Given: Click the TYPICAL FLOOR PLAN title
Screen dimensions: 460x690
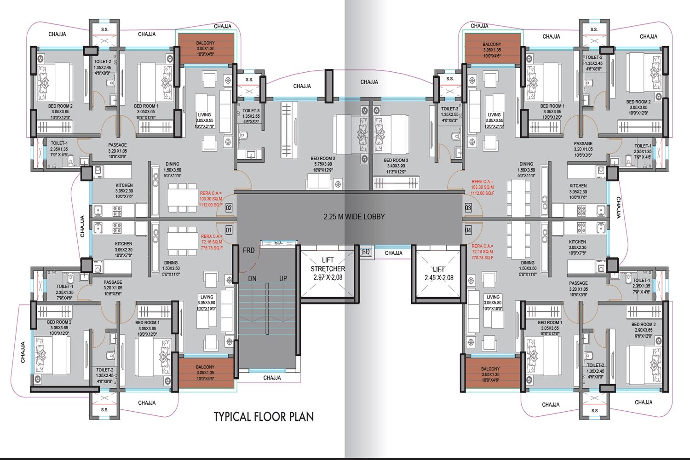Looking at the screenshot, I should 264,417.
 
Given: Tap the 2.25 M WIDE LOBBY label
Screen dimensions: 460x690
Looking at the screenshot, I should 354,217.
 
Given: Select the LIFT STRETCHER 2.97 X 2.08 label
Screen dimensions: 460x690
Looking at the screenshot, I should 328,269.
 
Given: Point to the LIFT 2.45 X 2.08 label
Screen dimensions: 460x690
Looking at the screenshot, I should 438,273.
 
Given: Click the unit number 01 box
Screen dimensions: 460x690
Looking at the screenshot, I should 229,230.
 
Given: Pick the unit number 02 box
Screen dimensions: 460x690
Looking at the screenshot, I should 229,208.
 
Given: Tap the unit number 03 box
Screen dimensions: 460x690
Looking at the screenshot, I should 468,208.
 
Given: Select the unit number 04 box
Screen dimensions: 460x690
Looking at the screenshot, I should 468,230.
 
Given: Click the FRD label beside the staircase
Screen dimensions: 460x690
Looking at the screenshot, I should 248,251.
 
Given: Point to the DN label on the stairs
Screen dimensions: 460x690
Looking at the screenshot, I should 252,279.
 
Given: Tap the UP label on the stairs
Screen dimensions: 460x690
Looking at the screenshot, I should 283,279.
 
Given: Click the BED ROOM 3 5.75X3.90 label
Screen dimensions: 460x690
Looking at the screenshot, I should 322,164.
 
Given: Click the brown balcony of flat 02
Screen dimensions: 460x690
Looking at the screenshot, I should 206,49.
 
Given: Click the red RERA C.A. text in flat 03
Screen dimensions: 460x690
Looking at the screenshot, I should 483,187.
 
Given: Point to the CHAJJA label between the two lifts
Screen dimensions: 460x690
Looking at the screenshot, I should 394,253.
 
